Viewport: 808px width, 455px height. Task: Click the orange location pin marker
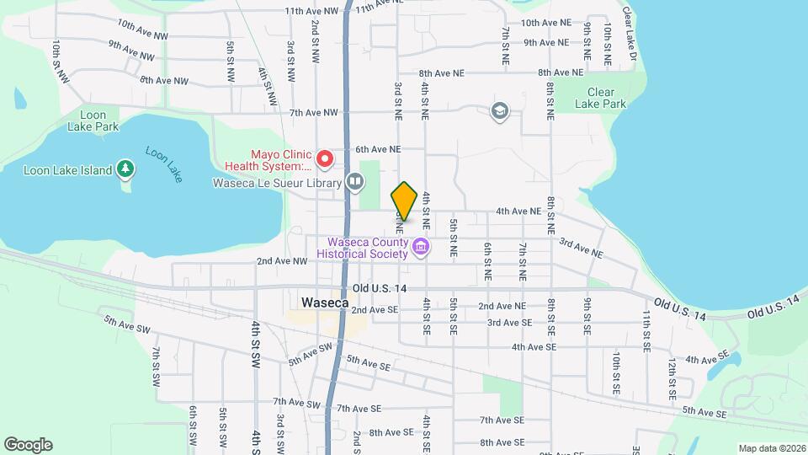pos(404,201)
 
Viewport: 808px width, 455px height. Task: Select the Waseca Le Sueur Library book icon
pos(355,182)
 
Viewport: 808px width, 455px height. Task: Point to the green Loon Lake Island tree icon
pos(125,170)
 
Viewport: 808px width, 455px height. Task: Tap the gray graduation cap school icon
pos(499,111)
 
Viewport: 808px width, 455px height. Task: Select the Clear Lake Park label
pos(601,99)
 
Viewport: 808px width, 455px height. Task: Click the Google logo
pos(28,444)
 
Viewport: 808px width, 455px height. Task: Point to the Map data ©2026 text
pos(771,447)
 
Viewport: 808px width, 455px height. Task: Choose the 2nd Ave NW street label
pos(283,261)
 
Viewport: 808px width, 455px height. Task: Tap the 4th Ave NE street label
pos(518,211)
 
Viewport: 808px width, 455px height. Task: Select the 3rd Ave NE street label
pos(582,247)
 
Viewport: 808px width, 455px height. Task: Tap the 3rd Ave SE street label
pos(509,323)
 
